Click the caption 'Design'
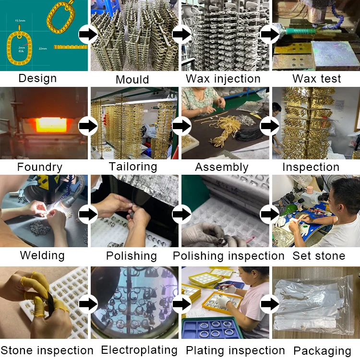click(37, 78)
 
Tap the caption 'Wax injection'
click(223, 79)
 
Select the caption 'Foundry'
click(40, 167)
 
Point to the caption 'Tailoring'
click(133, 167)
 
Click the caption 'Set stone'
click(319, 255)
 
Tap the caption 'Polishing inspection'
click(228, 256)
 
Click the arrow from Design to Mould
click(88, 35)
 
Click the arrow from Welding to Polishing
click(88, 214)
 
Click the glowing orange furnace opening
click(50, 124)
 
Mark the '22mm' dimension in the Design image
click(42, 48)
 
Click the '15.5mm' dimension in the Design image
click(20, 21)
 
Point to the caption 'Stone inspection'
click(47, 350)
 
